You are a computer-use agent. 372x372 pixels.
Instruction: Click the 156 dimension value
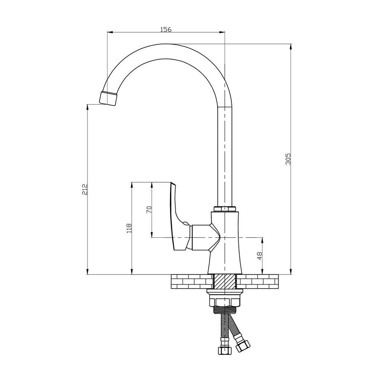point(166,29)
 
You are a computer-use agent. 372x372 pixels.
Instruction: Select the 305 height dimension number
point(288,159)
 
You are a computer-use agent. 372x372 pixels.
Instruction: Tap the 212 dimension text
point(85,189)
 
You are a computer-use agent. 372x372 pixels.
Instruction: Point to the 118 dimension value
point(129,228)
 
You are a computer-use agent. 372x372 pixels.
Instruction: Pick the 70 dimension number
point(149,210)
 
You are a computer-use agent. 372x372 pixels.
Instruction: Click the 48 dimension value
point(260,256)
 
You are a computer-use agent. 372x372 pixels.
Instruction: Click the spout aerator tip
point(109,99)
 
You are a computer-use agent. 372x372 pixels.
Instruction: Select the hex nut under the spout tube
point(225,209)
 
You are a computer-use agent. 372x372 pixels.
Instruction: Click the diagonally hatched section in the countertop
point(225,281)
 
